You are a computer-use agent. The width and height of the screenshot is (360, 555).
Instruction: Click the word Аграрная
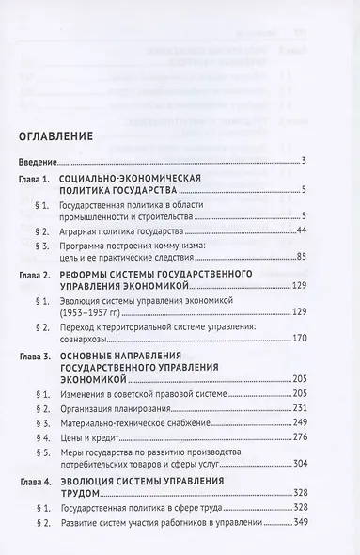click(x=106, y=230)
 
